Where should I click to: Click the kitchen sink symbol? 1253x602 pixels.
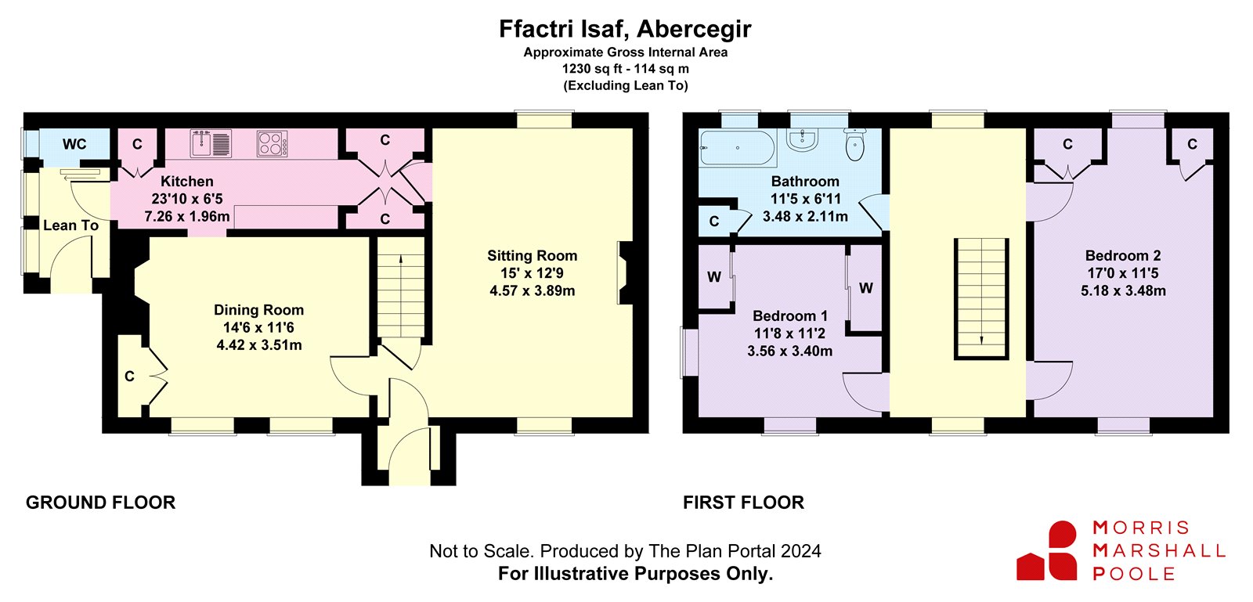click(211, 143)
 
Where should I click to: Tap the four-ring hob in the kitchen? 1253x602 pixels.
click(273, 143)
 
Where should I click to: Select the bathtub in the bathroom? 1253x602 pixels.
click(737, 148)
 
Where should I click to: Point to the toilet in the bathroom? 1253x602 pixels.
click(854, 144)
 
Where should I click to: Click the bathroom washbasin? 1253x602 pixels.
click(803, 140)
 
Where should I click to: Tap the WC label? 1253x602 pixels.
click(74, 144)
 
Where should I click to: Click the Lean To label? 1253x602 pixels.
click(71, 225)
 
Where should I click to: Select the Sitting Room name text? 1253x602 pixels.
click(532, 255)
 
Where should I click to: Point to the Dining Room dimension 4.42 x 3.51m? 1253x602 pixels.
click(259, 345)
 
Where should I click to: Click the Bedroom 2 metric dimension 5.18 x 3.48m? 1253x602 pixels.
click(1123, 290)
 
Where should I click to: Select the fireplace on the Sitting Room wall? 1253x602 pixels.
click(624, 272)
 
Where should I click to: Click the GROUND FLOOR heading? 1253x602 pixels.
click(101, 503)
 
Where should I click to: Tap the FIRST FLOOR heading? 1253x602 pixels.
click(743, 503)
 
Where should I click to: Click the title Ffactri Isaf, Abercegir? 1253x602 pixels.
click(626, 28)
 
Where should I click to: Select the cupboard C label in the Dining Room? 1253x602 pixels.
click(129, 377)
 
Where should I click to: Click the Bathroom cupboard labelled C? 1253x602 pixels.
click(713, 222)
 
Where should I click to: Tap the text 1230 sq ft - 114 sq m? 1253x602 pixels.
click(626, 69)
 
